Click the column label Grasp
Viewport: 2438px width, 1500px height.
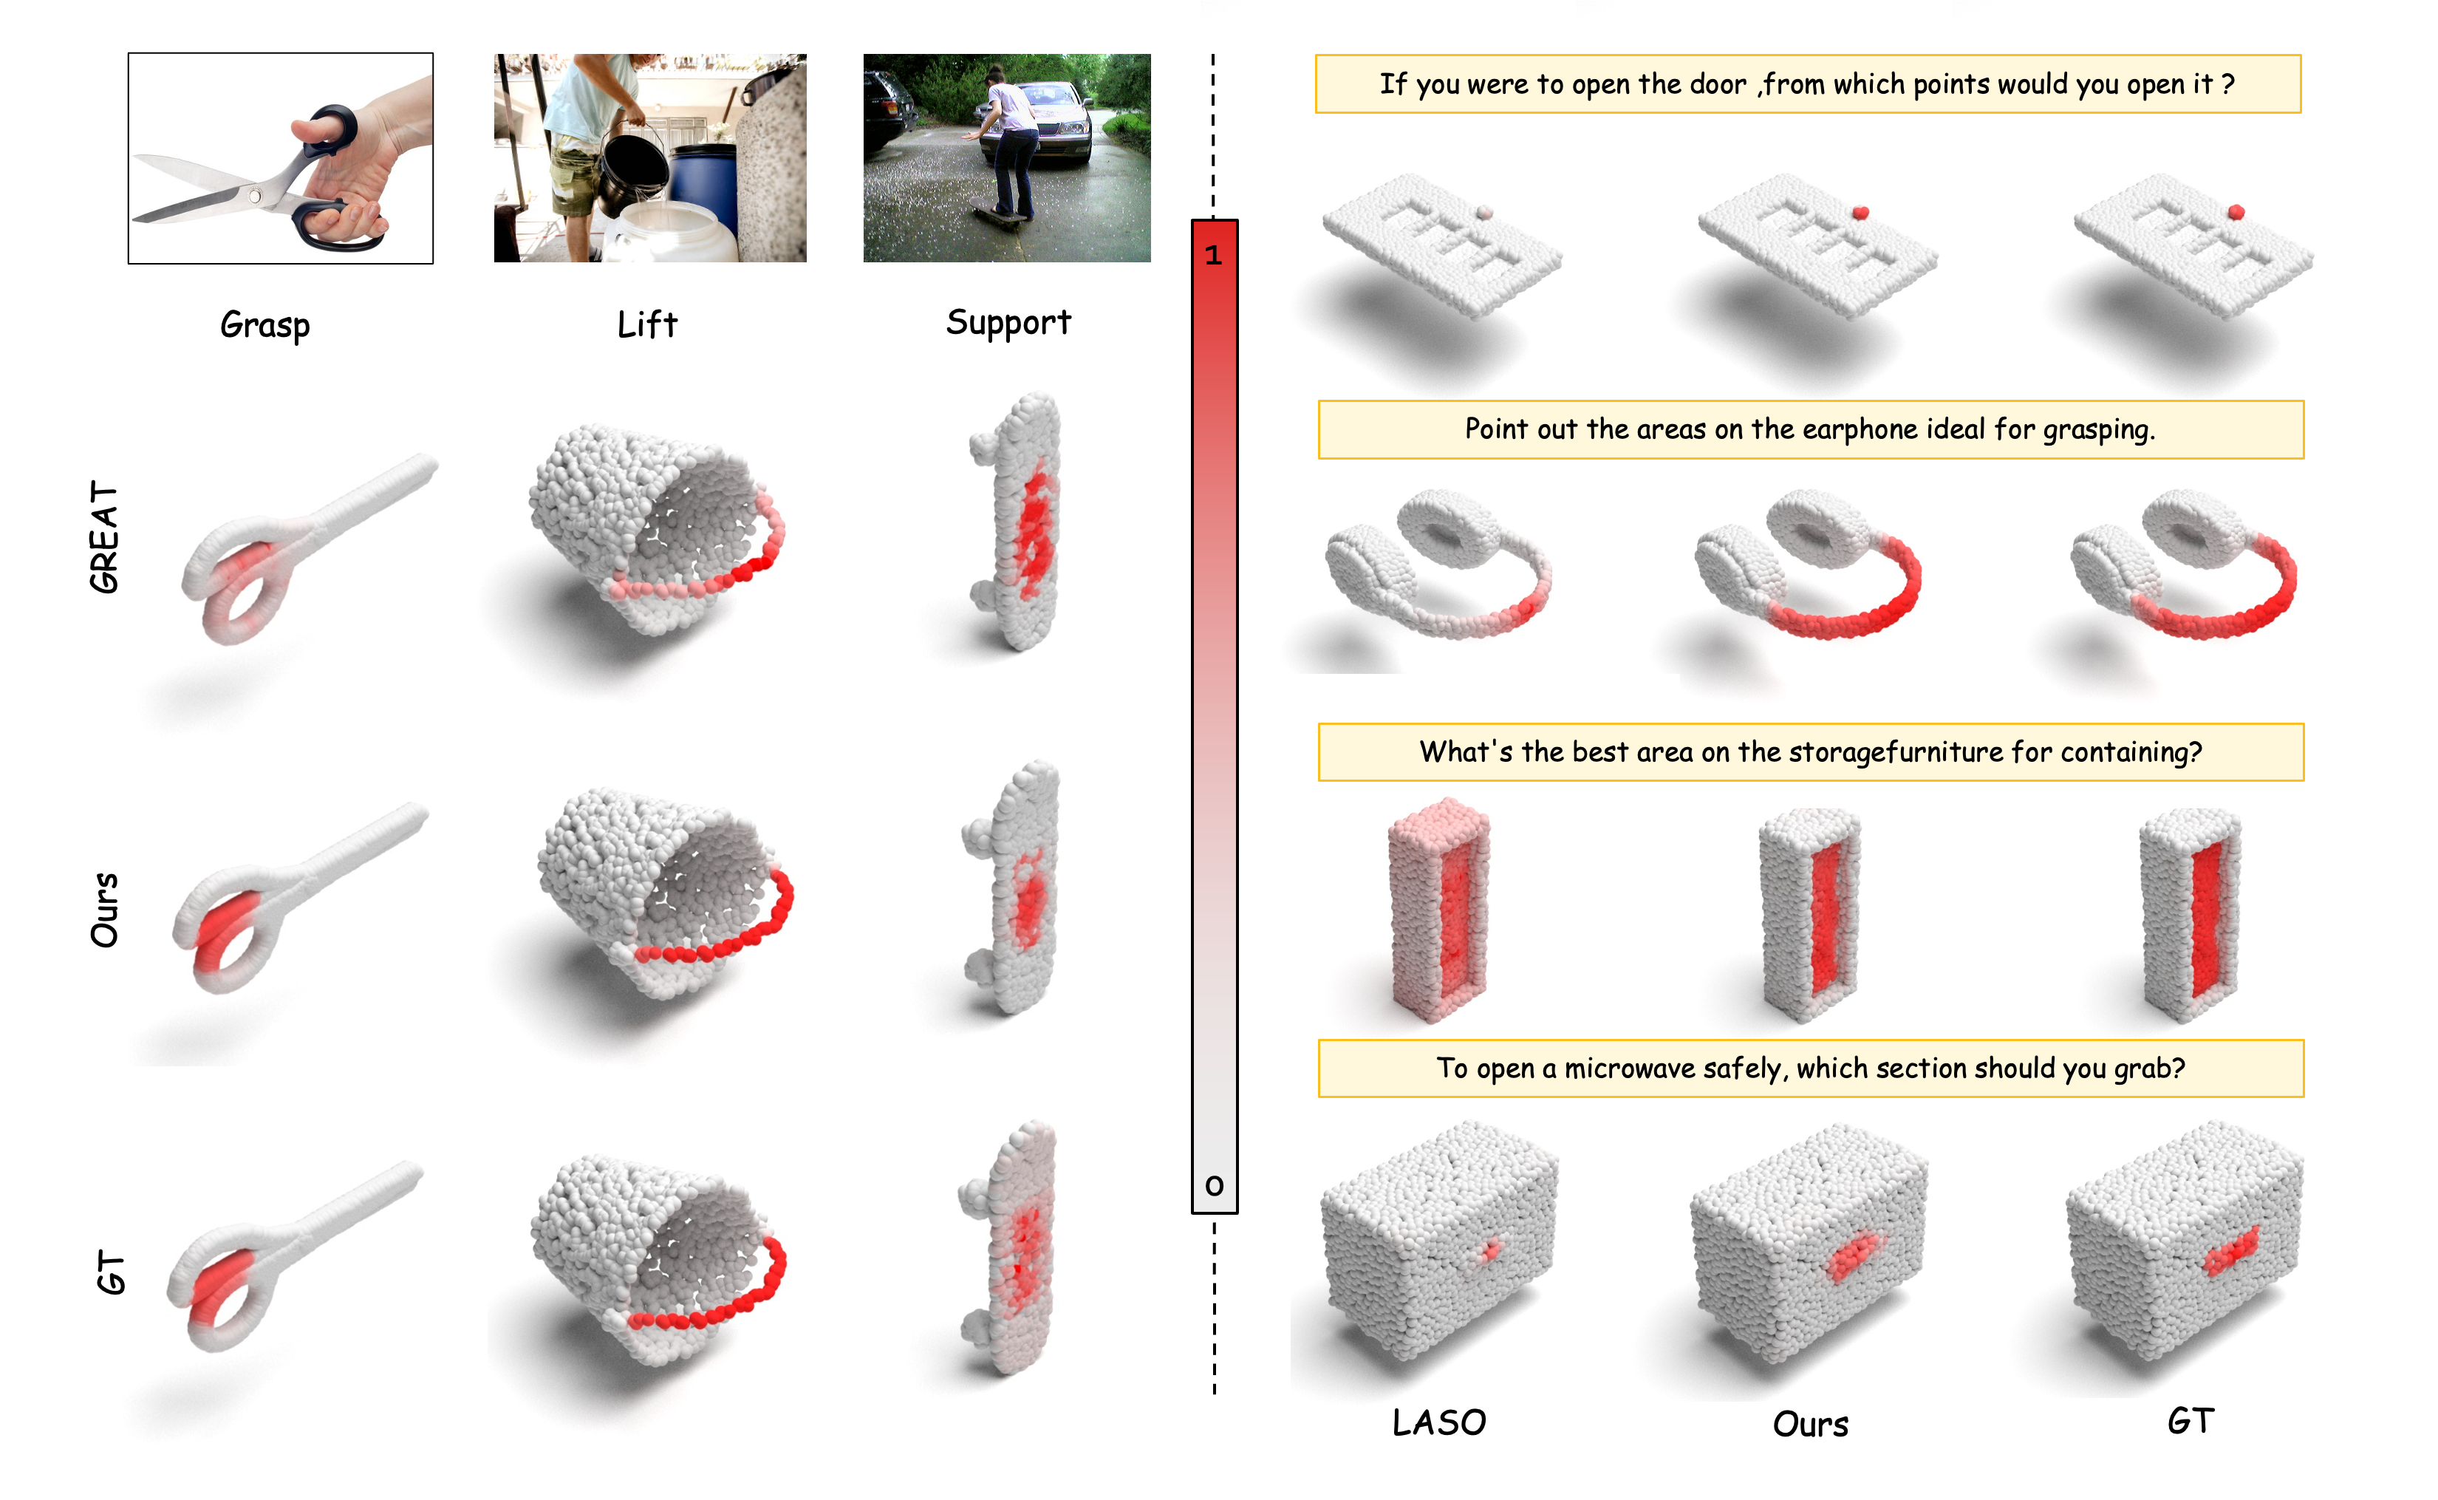click(264, 324)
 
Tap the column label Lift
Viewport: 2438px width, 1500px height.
click(646, 324)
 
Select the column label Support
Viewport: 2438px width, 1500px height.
click(1008, 322)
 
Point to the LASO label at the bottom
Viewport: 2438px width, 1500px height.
click(1439, 1422)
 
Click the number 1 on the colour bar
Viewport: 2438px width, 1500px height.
click(1213, 255)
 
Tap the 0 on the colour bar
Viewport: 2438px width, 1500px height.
click(1214, 1184)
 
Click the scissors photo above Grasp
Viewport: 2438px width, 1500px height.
click(281, 159)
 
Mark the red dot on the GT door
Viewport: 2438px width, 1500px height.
click(2236, 212)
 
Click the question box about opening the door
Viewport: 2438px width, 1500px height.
click(1807, 84)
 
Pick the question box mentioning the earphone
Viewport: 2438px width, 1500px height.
click(1810, 429)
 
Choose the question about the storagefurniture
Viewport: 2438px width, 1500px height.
click(1810, 752)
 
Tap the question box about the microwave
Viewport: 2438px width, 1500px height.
click(1810, 1068)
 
